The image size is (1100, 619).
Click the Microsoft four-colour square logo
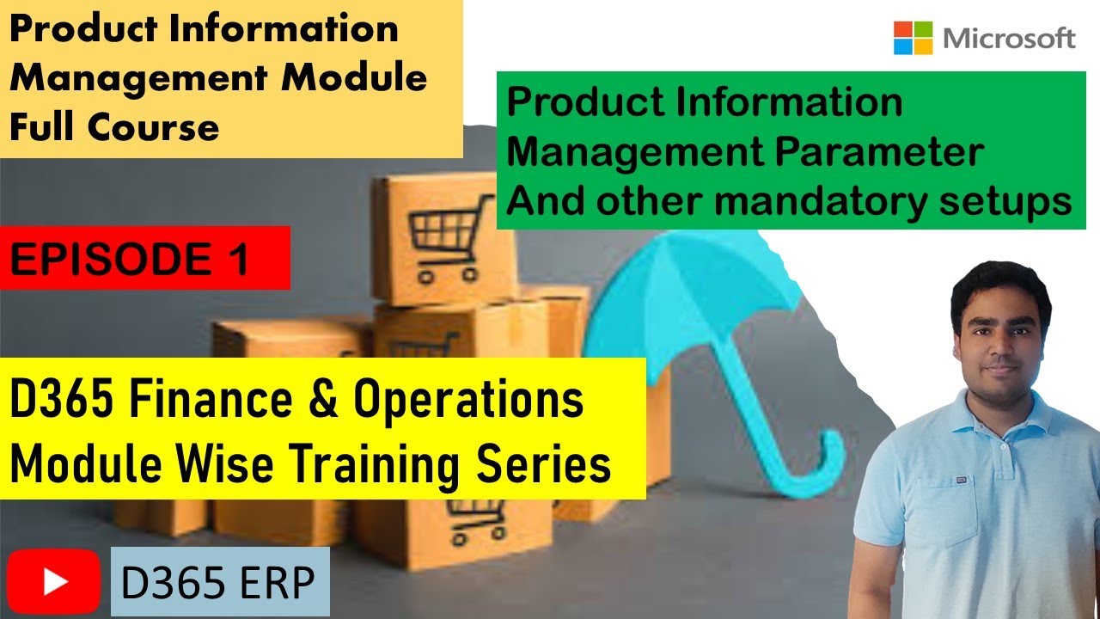tap(914, 39)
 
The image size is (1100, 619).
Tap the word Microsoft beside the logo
tap(1009, 39)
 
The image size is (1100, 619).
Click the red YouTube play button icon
tap(54, 582)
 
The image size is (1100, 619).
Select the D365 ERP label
tap(219, 582)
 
